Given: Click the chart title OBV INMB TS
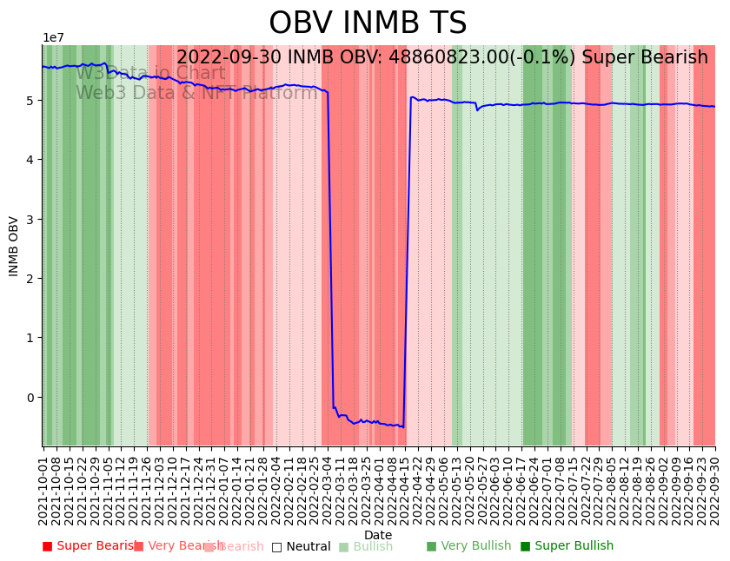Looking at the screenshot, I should click(367, 23).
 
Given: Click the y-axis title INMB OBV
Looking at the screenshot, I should click(14, 246).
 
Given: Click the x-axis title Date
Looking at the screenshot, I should click(378, 535).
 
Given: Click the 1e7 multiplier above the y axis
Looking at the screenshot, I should click(53, 38).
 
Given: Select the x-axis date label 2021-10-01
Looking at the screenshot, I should click(43, 486).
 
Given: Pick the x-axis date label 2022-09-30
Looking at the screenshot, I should click(715, 486).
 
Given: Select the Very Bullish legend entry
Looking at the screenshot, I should click(468, 546).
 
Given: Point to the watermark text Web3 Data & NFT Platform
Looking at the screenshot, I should click(196, 93).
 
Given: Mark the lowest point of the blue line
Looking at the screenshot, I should click(403, 427).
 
